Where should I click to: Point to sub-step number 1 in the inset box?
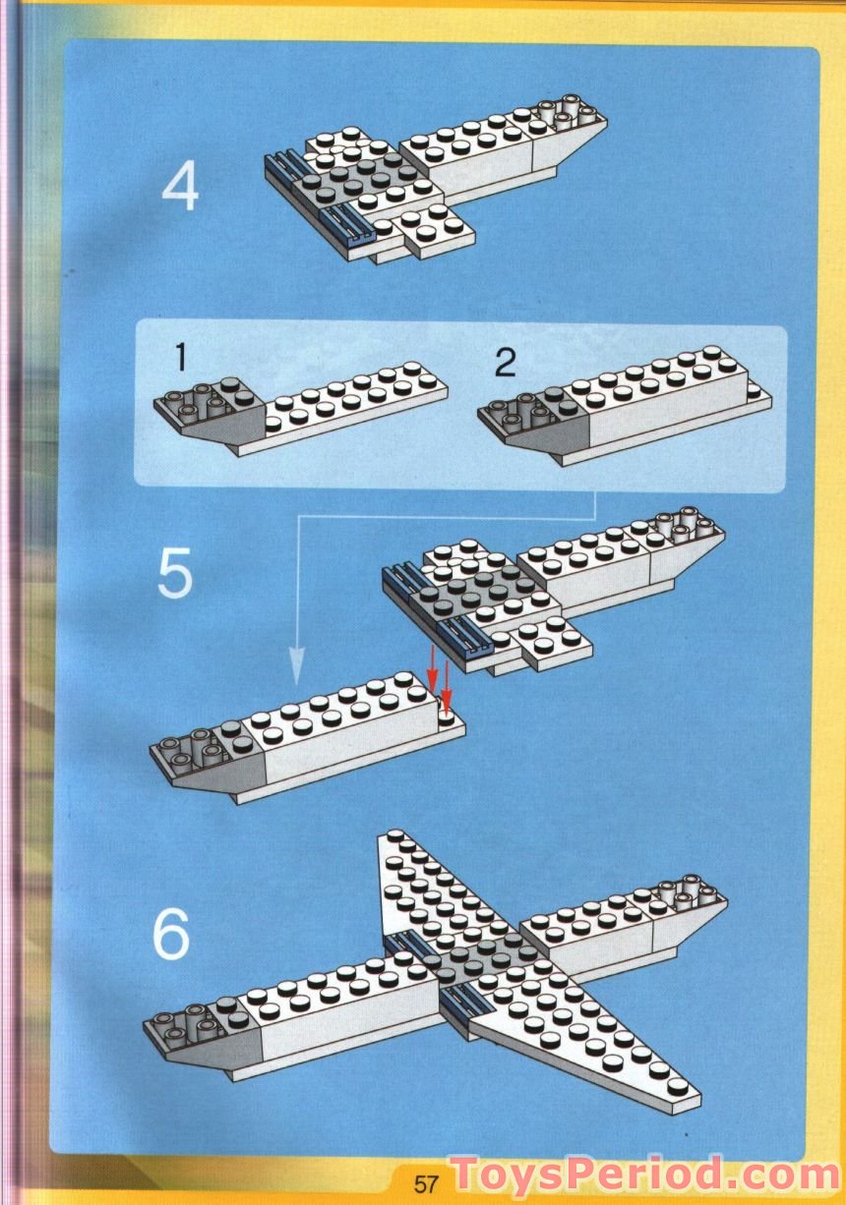(x=179, y=360)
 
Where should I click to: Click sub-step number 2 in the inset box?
(x=505, y=363)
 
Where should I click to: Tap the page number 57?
(x=426, y=1183)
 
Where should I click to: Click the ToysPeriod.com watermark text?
(x=644, y=1176)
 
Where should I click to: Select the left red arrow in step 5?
(x=431, y=673)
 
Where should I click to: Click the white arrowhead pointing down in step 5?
(x=296, y=666)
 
